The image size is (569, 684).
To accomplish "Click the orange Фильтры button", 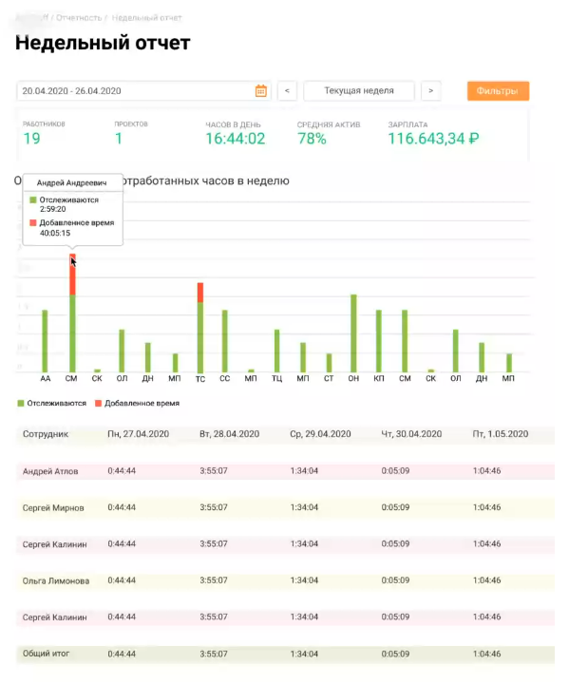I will [x=498, y=91].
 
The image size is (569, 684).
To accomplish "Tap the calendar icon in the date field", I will [x=261, y=91].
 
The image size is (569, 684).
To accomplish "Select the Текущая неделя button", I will [x=360, y=91].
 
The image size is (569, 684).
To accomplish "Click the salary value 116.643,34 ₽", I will [x=433, y=139].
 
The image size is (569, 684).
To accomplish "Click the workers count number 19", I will [x=31, y=139].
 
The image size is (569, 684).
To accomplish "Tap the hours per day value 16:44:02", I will [x=235, y=139].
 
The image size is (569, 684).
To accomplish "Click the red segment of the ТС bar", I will [x=200, y=292].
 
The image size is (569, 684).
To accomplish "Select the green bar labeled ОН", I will [x=353, y=332].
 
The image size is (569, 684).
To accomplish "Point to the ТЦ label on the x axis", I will [x=276, y=380].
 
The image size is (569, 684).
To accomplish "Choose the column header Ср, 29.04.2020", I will [x=320, y=434].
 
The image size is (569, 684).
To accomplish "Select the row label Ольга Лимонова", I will [x=55, y=580].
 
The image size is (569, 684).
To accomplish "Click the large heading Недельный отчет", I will [x=103, y=43].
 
